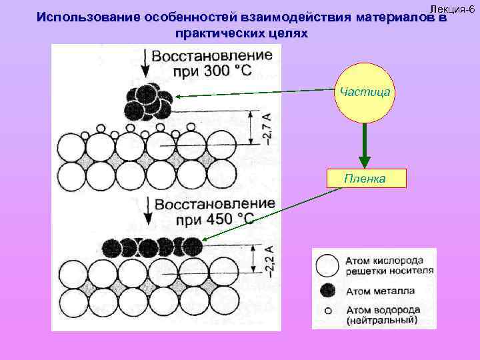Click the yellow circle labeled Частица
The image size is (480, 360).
coord(364,93)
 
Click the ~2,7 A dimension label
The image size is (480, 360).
coord(266,127)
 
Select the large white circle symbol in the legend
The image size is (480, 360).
coord(327,266)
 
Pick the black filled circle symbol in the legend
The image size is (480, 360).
coord(327,290)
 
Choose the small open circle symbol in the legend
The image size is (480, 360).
coord(327,310)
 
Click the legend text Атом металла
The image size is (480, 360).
coord(380,291)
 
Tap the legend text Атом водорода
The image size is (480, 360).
coord(383,310)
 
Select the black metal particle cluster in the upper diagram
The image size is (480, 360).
coord(148,101)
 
